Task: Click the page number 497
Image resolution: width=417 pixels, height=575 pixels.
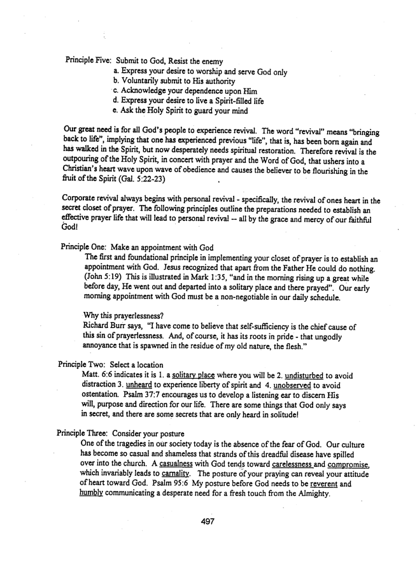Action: click(x=208, y=520)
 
